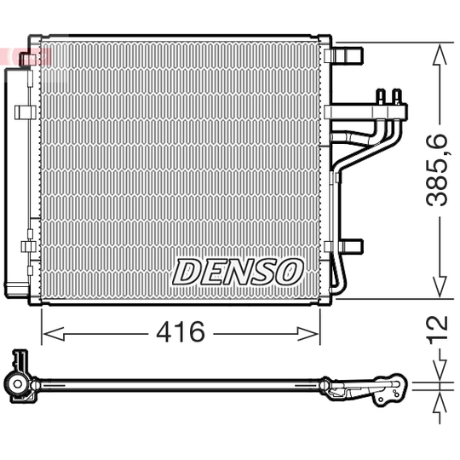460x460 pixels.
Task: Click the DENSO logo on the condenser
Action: (239, 272)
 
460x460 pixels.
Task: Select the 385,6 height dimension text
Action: (438, 170)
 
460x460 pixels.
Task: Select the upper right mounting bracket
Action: (348, 56)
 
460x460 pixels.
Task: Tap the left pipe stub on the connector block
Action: (381, 95)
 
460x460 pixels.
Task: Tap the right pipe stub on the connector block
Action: (396, 95)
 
